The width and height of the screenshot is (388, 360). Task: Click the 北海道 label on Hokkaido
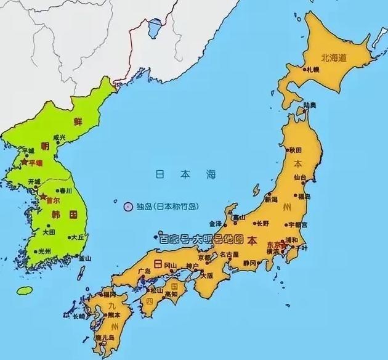pos(334,58)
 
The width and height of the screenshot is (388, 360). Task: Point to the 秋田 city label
pos(296,149)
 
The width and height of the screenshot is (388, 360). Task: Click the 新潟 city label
pos(271,200)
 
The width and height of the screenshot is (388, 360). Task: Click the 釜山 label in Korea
pos(84,259)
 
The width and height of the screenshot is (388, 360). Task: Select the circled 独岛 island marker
pos(129,207)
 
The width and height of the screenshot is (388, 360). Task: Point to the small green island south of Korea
pos(24,290)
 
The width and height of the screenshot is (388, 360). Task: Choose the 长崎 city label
pos(79,316)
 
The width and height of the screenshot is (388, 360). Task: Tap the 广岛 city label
pos(146,271)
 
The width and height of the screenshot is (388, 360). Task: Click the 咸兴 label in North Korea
pos(59,137)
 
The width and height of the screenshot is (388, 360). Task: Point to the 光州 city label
pos(44,252)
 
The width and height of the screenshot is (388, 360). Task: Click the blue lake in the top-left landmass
pos(155,28)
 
